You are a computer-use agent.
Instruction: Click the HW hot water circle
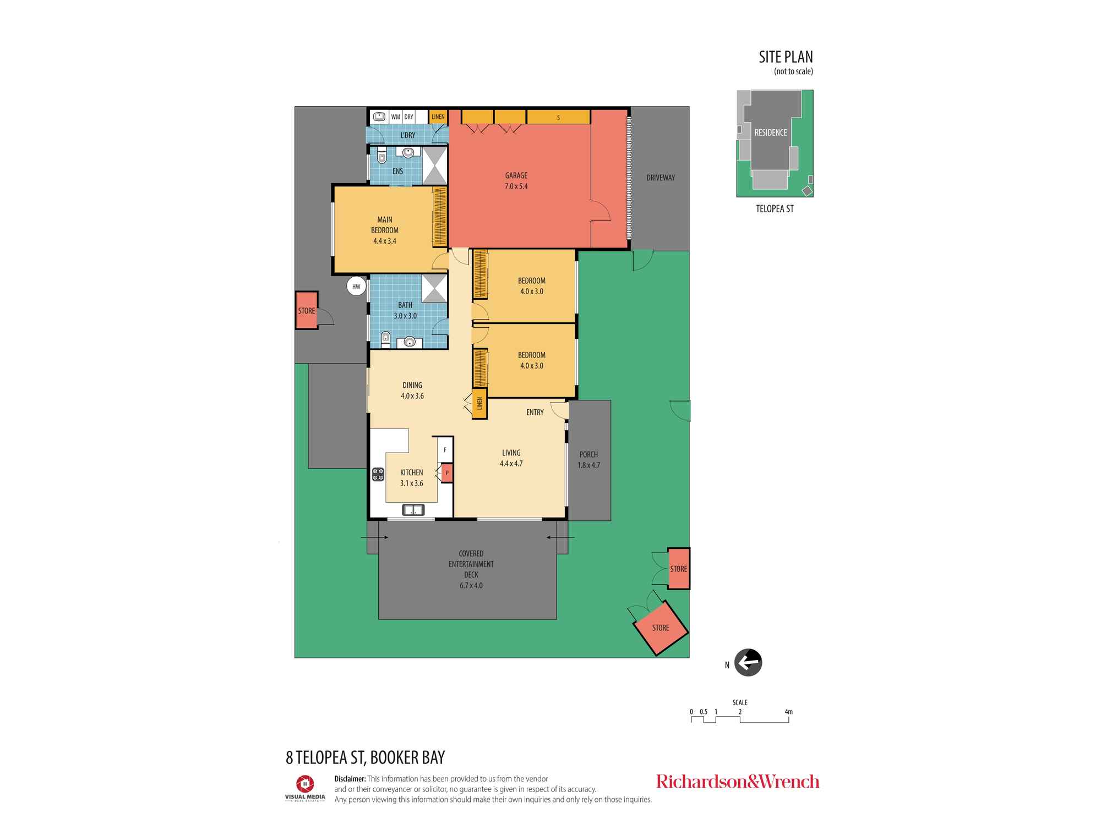(x=356, y=287)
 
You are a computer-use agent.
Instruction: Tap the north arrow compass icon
(x=748, y=663)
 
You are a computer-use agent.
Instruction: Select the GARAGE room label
(x=516, y=175)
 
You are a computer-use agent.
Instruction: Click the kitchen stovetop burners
(x=378, y=475)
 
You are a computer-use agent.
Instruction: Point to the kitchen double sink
(x=413, y=510)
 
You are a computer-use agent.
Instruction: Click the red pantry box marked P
(x=446, y=472)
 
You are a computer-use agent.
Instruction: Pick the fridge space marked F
(x=445, y=450)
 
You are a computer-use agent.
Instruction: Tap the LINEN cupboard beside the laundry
(x=438, y=117)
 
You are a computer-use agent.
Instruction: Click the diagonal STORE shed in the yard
(x=661, y=628)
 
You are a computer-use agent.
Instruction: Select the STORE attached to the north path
(x=307, y=311)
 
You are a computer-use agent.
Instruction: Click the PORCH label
(x=588, y=454)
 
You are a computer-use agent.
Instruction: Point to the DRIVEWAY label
(x=661, y=178)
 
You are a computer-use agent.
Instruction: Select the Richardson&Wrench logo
(x=738, y=782)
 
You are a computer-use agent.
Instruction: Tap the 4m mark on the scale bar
(x=789, y=712)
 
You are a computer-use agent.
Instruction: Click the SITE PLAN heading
(x=786, y=57)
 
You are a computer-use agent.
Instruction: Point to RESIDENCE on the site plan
(x=771, y=133)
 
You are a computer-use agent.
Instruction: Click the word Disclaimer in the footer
(x=350, y=778)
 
